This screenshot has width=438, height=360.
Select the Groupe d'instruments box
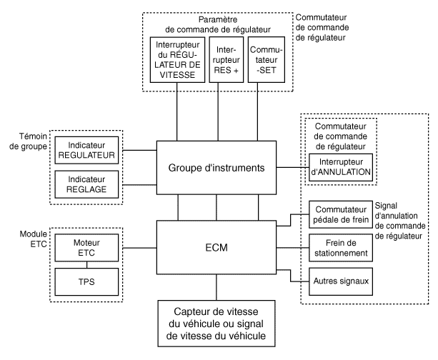[x=215, y=168]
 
